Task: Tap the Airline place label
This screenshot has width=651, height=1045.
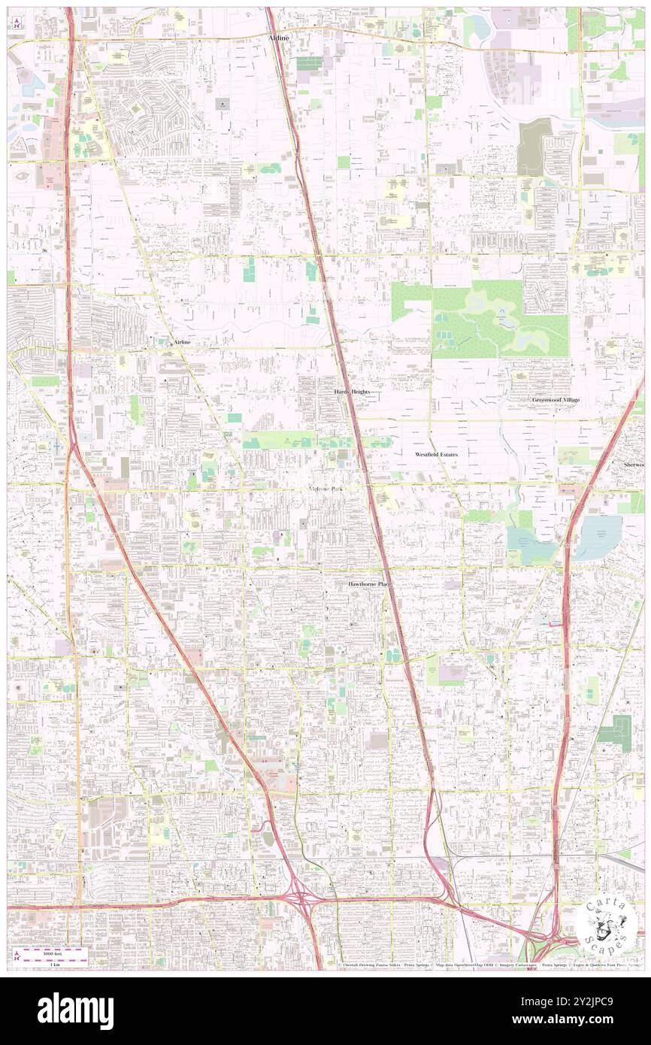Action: point(182,342)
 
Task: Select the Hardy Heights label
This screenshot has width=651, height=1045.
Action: point(353,392)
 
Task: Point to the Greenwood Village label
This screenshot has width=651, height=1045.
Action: point(556,400)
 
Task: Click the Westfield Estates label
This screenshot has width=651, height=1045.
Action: point(437,455)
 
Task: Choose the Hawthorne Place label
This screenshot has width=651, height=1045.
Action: point(370,584)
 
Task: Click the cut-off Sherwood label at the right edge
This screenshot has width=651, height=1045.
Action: point(635,465)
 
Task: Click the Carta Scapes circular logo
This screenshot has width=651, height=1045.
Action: point(605,924)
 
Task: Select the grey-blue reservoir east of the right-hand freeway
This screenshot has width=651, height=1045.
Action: point(598,536)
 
